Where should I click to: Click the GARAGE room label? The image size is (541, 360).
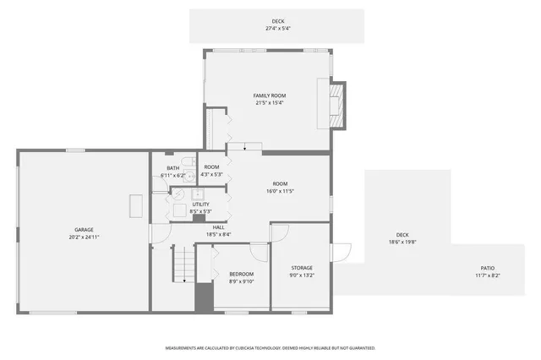(83, 229)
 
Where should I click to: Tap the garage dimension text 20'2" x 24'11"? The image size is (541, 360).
(83, 237)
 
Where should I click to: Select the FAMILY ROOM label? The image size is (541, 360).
(268, 95)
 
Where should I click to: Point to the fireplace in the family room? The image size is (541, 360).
(336, 105)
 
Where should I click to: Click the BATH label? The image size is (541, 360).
(172, 167)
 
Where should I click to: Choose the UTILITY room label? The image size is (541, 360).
(200, 204)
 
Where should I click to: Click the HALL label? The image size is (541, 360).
(217, 226)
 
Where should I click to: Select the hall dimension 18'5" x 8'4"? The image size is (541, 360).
(217, 234)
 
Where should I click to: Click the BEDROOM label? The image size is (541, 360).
(242, 274)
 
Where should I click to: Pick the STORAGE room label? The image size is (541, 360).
(302, 267)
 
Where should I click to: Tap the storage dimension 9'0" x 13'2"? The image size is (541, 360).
(302, 275)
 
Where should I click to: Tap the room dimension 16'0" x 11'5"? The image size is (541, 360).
(280, 191)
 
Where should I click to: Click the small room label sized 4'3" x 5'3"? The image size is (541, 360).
(211, 174)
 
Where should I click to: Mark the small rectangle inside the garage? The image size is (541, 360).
(135, 206)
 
